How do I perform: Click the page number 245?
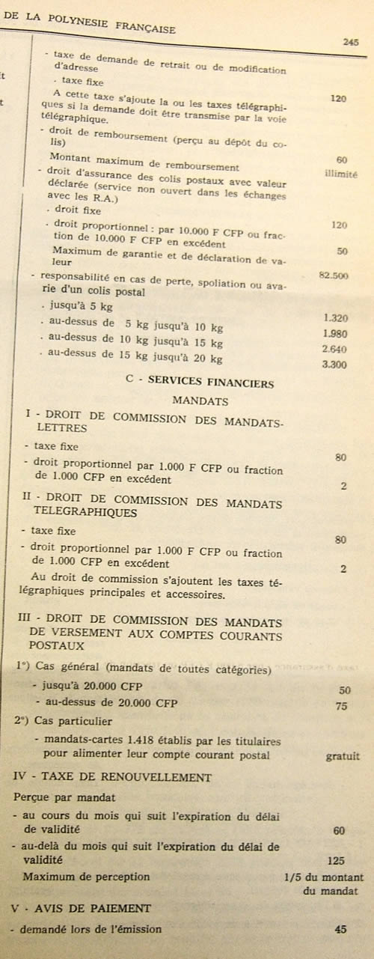(x=350, y=42)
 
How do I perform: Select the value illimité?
(x=342, y=174)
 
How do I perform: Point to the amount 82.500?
(x=333, y=275)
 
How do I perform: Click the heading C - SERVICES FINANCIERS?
(x=200, y=382)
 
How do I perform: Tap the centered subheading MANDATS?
(x=200, y=401)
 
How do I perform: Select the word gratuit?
(x=343, y=757)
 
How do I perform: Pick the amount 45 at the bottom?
(x=341, y=930)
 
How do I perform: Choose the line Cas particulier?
(x=73, y=722)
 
